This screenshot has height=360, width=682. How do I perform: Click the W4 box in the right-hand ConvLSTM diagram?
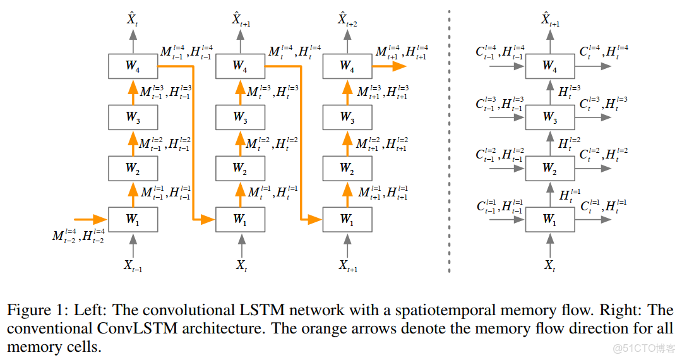pyautogui.click(x=549, y=65)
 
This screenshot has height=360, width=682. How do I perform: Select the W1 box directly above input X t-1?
pyautogui.click(x=133, y=219)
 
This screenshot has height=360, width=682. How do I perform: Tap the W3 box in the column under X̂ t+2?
pyautogui.click(x=347, y=117)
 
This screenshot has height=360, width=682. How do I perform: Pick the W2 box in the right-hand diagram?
pyautogui.click(x=549, y=168)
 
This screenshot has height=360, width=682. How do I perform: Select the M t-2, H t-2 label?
pyautogui.click(x=78, y=237)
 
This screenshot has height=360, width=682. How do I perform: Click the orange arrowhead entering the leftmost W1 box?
pyautogui.click(x=100, y=219)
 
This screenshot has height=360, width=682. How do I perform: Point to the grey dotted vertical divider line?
pyautogui.click(x=449, y=139)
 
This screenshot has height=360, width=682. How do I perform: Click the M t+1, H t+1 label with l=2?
pyautogui.click(x=381, y=145)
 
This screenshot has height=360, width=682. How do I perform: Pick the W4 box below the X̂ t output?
pyautogui.click(x=133, y=65)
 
